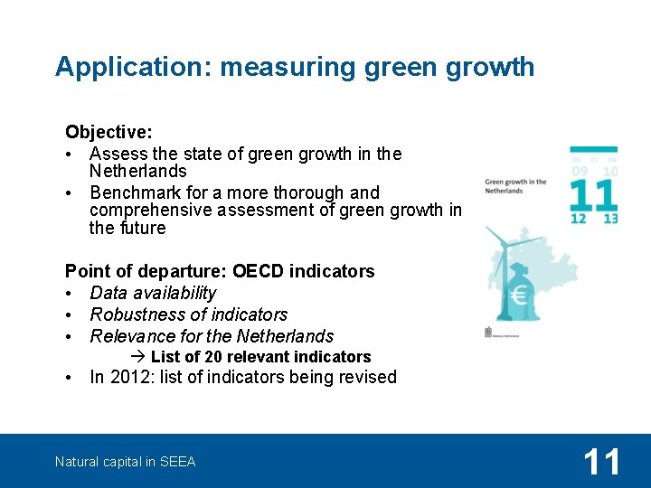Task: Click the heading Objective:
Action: (x=108, y=133)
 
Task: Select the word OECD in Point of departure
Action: (x=258, y=271)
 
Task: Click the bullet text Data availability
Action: (x=153, y=293)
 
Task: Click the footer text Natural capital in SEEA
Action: (x=125, y=462)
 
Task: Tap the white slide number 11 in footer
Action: (x=601, y=462)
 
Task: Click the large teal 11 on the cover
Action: (x=593, y=195)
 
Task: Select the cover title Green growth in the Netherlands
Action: (x=515, y=186)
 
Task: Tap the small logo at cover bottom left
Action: (x=489, y=333)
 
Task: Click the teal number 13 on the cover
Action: (x=609, y=219)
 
